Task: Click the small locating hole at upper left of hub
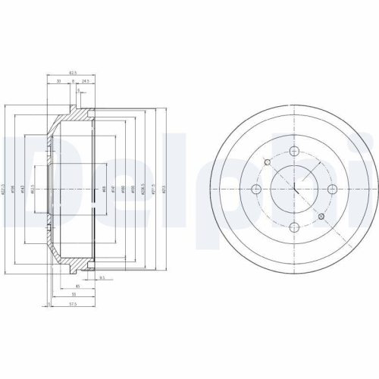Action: point(266,161)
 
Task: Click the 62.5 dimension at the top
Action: point(74,73)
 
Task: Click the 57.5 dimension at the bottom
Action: point(72,303)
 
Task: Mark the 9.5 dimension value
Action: point(100,278)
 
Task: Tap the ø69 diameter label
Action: point(104,189)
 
